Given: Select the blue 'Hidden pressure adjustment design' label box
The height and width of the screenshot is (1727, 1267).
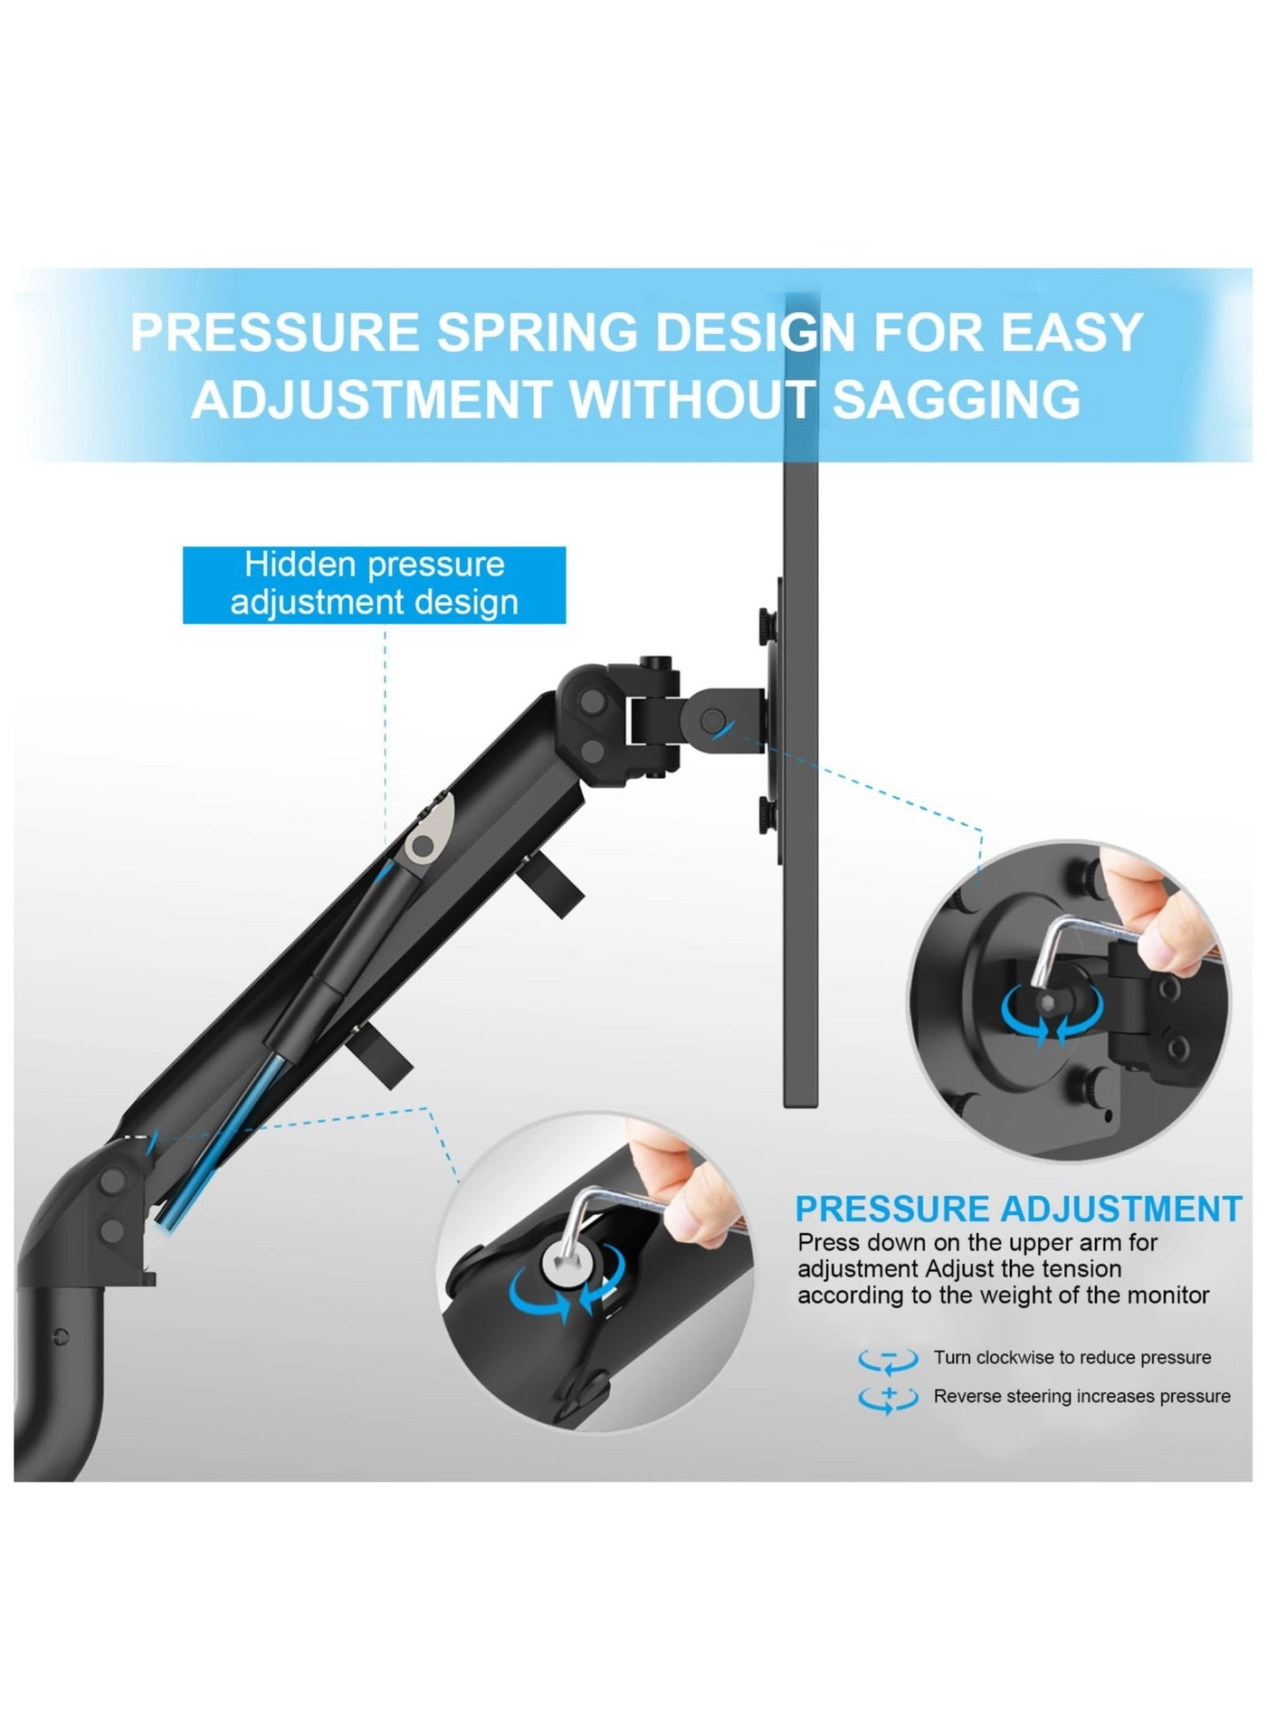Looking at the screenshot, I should pos(374,584).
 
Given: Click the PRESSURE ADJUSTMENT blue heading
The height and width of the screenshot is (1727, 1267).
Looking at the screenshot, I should pos(1018,1209).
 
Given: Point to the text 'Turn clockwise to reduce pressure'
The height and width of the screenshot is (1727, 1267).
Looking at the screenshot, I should pos(1072,1357).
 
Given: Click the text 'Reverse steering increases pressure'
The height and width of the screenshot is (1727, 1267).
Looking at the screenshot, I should pos(1081,1396).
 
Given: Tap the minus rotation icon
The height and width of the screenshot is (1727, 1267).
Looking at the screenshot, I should pos(888,1359).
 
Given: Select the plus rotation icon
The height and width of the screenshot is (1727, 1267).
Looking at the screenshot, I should pos(888,1398).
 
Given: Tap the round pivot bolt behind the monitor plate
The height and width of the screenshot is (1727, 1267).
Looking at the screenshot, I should pos(713,720).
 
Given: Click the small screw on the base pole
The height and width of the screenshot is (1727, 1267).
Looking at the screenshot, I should pos(60,1335).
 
